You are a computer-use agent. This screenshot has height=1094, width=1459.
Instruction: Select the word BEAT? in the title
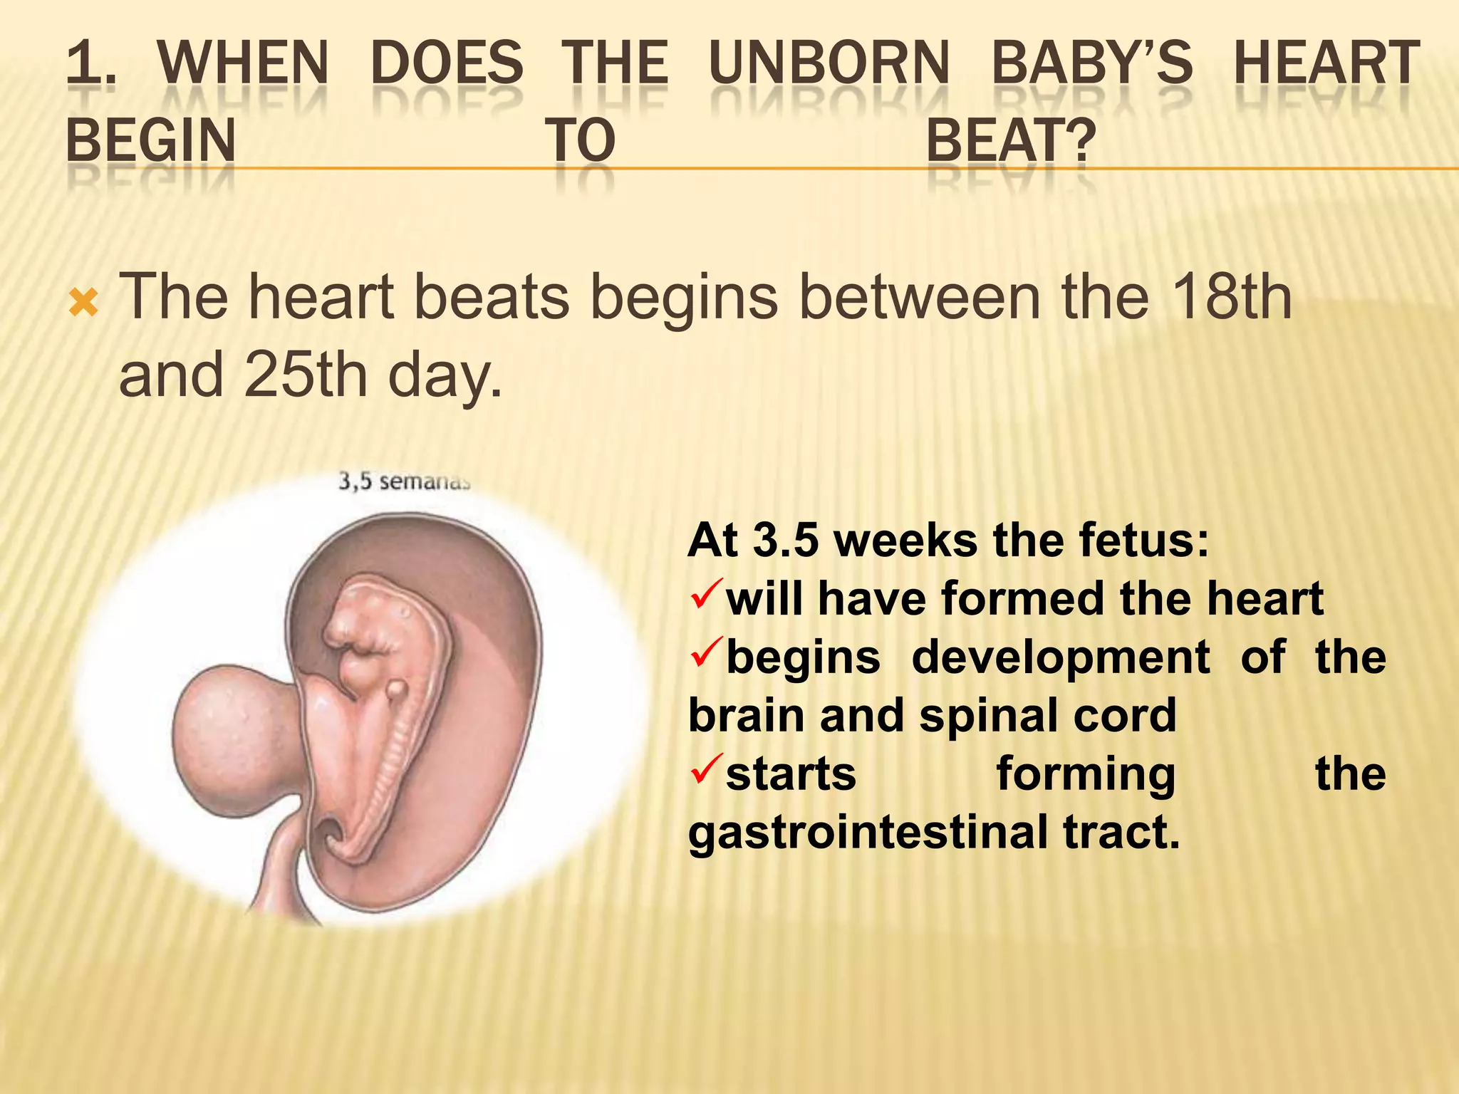[x=1010, y=140]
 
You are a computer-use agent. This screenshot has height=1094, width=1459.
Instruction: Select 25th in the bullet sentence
[x=305, y=375]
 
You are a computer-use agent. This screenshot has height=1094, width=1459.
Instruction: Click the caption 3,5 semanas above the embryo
[x=404, y=482]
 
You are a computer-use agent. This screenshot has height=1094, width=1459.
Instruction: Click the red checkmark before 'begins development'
[x=706, y=653]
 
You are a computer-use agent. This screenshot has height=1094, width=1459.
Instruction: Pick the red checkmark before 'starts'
[x=706, y=770]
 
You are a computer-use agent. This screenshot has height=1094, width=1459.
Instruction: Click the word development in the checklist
[x=1060, y=657]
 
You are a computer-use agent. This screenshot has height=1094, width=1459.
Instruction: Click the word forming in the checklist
[x=1086, y=774]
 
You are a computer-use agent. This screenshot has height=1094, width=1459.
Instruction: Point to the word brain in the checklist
[x=747, y=716]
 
